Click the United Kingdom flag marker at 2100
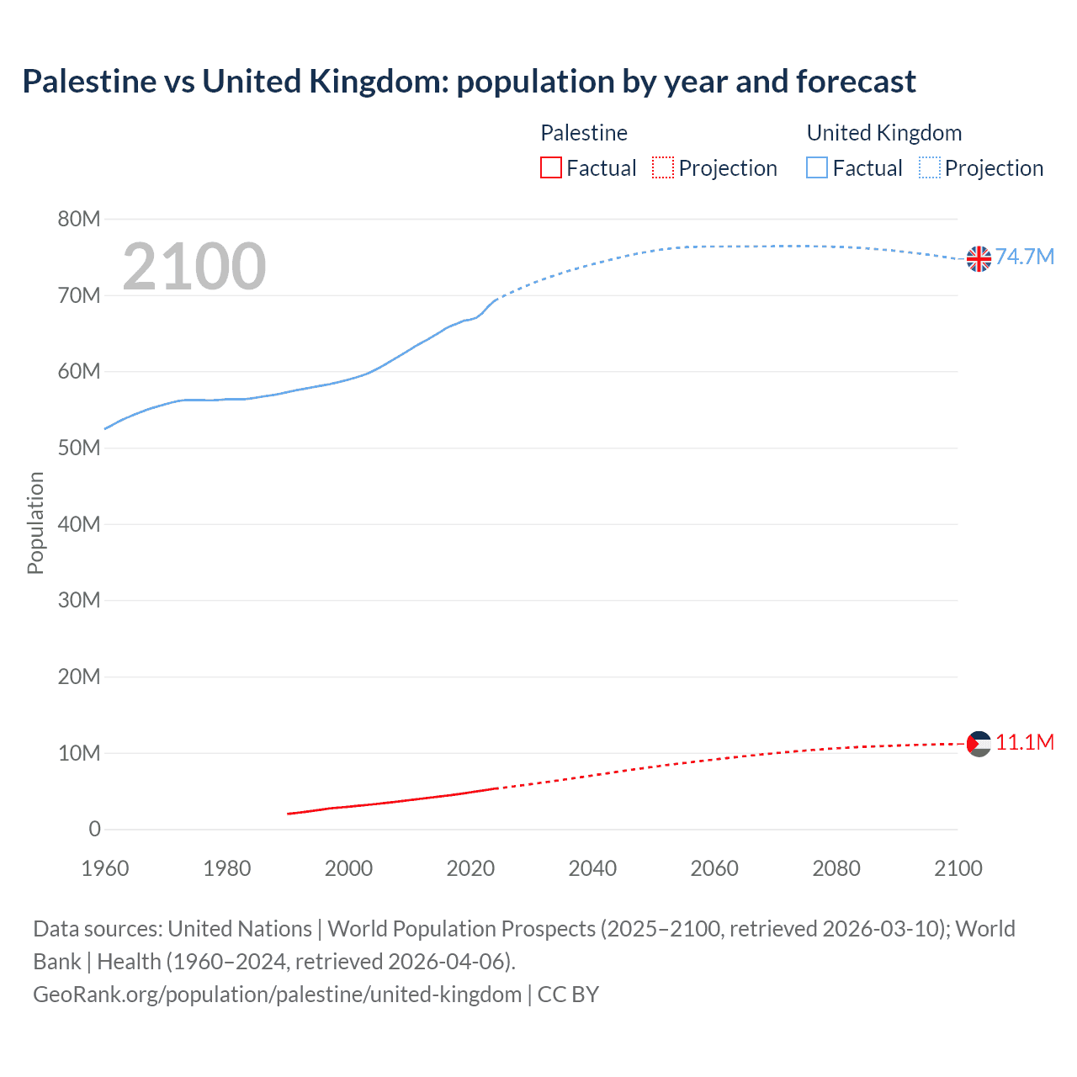pyautogui.click(x=979, y=259)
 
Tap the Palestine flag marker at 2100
pyautogui.click(x=979, y=744)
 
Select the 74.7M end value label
pyautogui.click(x=1024, y=257)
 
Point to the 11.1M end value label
pyautogui.click(x=1024, y=742)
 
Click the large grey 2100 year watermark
pyautogui.click(x=194, y=267)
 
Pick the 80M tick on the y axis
pyautogui.click(x=79, y=220)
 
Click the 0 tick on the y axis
pyautogui.click(x=94, y=830)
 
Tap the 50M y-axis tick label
pyautogui.click(x=79, y=448)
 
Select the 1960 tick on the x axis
pyautogui.click(x=105, y=868)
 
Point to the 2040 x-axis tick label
pyautogui.click(x=592, y=868)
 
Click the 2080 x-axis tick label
pyautogui.click(x=836, y=868)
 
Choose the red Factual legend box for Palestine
pyautogui.click(x=551, y=168)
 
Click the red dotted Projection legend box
pyautogui.click(x=663, y=168)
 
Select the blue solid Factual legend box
pyautogui.click(x=817, y=168)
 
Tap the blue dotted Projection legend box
pyautogui.click(x=930, y=168)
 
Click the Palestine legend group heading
pyautogui.click(x=584, y=133)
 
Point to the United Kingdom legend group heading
pyautogui.click(x=883, y=133)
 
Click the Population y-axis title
pyautogui.click(x=35, y=523)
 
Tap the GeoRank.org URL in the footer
pyautogui.click(x=277, y=995)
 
